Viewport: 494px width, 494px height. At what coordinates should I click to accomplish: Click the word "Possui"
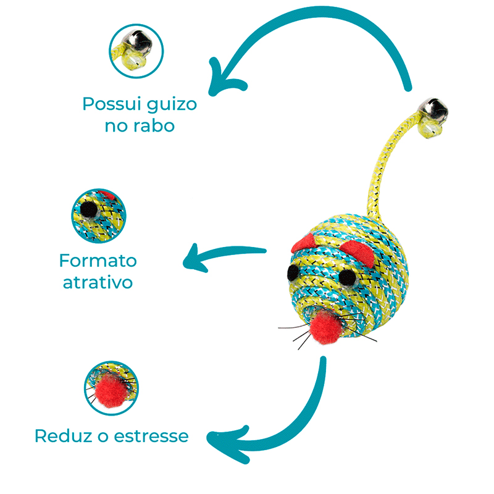pyautogui.click(x=109, y=103)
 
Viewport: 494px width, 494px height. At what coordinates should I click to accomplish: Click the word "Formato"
pyautogui.click(x=98, y=260)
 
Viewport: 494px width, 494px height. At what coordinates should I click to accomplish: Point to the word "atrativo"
pyautogui.click(x=98, y=283)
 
